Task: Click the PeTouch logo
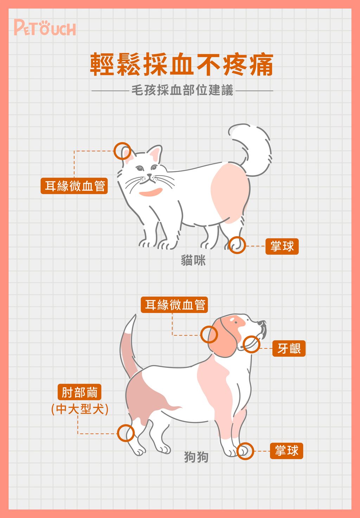click(45, 28)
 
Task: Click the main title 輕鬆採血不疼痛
click(182, 64)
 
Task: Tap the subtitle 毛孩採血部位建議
click(182, 90)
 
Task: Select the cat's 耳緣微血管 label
click(74, 186)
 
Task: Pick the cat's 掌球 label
click(282, 246)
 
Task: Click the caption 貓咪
click(193, 261)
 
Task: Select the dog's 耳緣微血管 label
click(174, 305)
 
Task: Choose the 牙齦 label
click(289, 348)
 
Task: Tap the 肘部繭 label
click(79, 392)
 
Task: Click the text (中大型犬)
click(80, 409)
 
